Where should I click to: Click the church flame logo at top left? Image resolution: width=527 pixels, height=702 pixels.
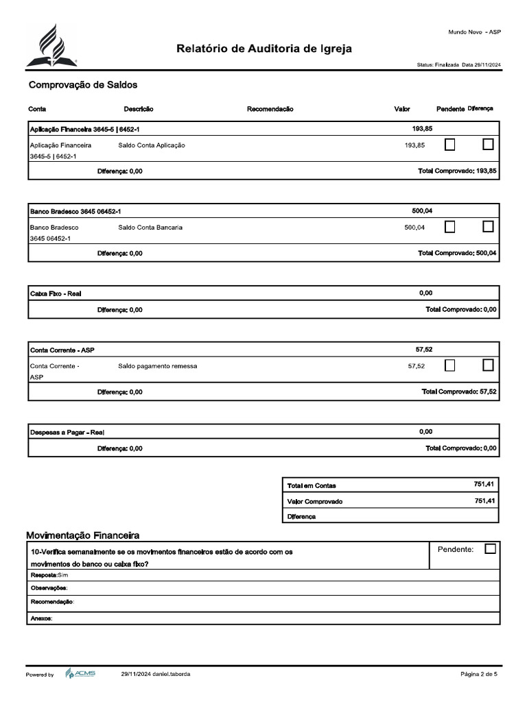pos(52,45)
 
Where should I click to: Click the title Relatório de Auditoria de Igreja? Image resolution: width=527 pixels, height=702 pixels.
pos(265,49)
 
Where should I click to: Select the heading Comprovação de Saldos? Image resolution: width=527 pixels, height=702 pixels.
pos(83,85)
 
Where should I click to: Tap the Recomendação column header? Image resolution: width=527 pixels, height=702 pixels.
pos(270,109)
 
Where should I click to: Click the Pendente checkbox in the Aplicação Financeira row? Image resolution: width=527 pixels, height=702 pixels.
pos(450,145)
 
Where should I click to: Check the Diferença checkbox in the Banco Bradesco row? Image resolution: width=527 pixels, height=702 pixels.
pos(488,226)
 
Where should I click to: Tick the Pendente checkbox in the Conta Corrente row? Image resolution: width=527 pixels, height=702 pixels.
pos(450,365)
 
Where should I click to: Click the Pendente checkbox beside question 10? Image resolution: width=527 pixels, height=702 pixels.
pos(490,548)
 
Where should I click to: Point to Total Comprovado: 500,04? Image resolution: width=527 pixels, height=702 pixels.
pos(457,253)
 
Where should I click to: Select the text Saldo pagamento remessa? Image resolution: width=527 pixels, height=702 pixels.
pos(157,366)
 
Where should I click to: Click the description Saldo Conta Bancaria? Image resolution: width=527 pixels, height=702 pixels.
pos(150,228)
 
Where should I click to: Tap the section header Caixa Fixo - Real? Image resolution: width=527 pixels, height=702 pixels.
pos(56,293)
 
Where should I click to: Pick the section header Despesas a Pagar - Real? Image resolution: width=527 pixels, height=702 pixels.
pos(67,432)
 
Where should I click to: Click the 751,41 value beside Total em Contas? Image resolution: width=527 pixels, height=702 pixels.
pos(483,484)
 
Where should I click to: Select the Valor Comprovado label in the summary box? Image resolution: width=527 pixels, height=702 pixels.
pos(314,501)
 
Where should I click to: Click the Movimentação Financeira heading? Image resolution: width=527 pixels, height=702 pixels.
pos(83,534)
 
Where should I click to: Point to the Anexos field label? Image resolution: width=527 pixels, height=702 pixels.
pos(41,618)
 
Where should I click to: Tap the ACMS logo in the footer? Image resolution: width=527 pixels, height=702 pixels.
pos(80,674)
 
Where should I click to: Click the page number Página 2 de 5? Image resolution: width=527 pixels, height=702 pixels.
pos(479,674)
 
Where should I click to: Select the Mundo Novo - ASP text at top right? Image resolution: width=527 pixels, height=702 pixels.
pos(474,32)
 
